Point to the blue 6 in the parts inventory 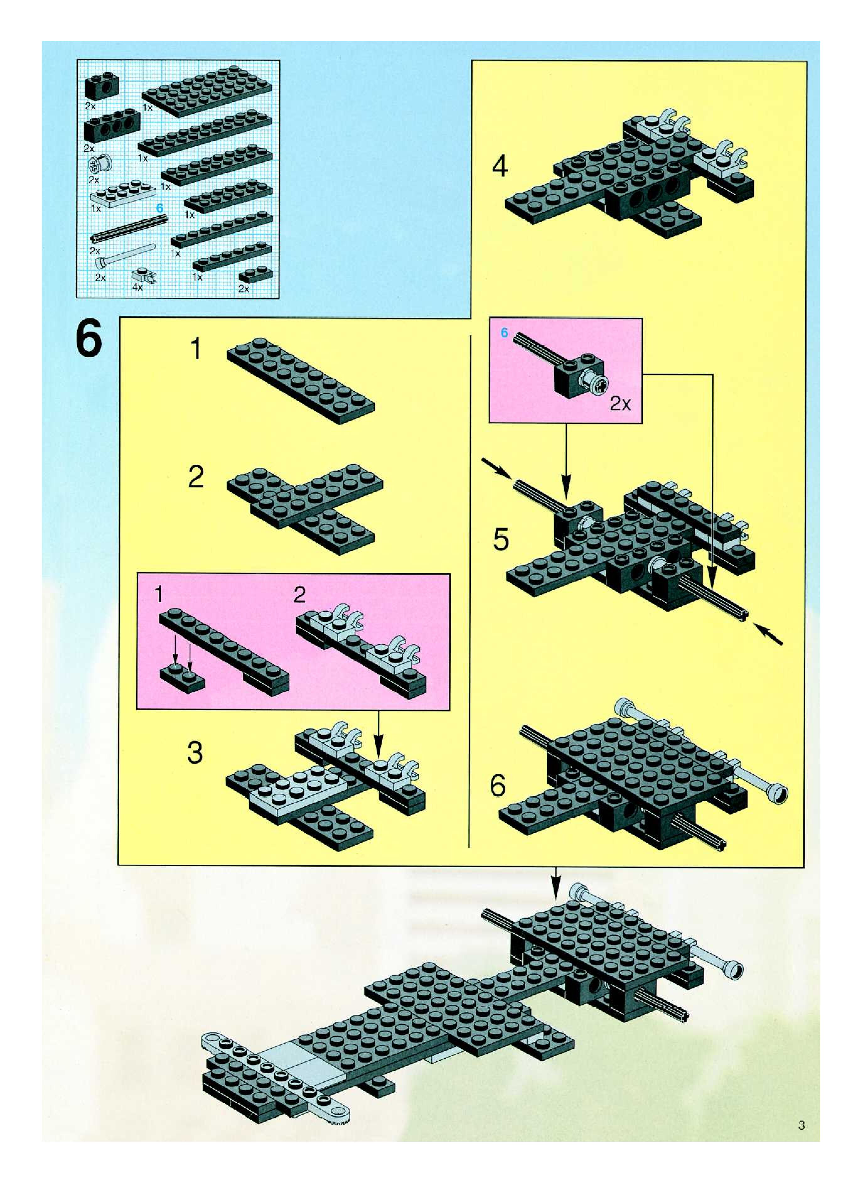coord(160,208)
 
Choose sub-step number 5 coord(501,539)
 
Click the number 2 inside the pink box coord(299,594)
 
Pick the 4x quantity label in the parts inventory coord(137,287)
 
